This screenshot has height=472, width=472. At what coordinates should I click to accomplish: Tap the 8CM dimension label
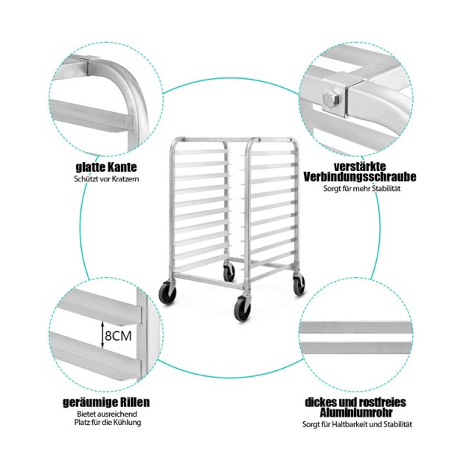pyautogui.click(x=118, y=336)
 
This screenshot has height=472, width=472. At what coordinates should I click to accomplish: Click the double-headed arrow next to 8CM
pyautogui.click(x=103, y=335)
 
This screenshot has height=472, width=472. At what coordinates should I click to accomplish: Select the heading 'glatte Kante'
pyautogui.click(x=106, y=167)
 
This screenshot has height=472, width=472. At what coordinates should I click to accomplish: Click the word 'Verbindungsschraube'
pyautogui.click(x=360, y=177)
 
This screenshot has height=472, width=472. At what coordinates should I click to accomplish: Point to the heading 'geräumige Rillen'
pyautogui.click(x=106, y=402)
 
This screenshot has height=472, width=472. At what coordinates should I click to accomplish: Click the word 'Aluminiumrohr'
pyautogui.click(x=356, y=412)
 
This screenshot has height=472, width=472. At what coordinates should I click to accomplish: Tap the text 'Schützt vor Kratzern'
pyautogui.click(x=106, y=178)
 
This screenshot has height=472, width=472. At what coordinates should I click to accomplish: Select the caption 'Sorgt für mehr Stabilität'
pyautogui.click(x=362, y=189)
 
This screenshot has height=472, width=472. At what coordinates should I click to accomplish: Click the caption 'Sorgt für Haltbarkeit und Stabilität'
pyautogui.click(x=357, y=424)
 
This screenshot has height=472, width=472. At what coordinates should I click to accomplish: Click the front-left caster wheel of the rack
pyautogui.click(x=168, y=292)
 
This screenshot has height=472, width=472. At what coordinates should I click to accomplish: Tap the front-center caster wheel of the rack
pyautogui.click(x=243, y=308)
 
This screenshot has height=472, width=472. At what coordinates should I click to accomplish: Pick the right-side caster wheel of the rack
pyautogui.click(x=299, y=284)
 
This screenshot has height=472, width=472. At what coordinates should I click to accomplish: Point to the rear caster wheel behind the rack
pyautogui.click(x=229, y=272)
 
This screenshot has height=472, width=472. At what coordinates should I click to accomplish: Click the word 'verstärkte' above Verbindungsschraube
pyautogui.click(x=360, y=166)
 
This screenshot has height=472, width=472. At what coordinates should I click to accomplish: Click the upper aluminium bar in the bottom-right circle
pyautogui.click(x=355, y=327)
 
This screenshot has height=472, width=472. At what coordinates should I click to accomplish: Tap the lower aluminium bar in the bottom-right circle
pyautogui.click(x=355, y=348)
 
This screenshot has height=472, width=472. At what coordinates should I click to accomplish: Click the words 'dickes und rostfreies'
pyautogui.click(x=355, y=402)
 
